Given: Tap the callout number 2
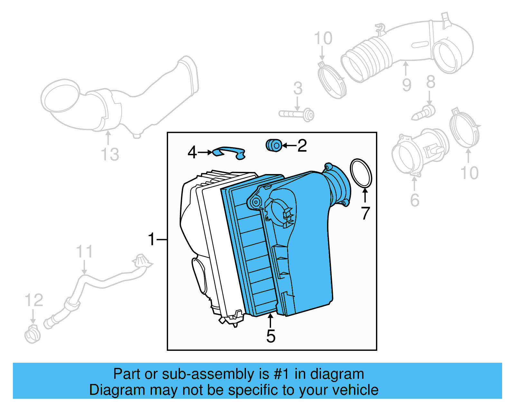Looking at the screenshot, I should (302, 146).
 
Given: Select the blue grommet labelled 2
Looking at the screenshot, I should (274, 145).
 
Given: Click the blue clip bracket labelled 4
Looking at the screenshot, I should (229, 152).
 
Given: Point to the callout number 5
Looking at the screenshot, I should (271, 336).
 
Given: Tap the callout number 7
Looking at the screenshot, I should (365, 213).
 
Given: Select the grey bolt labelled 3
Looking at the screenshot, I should (296, 114).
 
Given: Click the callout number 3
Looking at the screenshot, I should (298, 88).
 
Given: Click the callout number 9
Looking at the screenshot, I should (407, 85).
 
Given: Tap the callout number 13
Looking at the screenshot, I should (110, 154).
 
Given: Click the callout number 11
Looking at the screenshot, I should (84, 251).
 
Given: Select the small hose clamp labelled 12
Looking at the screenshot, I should (33, 335).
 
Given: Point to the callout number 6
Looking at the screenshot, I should (415, 200).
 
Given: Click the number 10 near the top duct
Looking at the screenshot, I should (323, 39).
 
